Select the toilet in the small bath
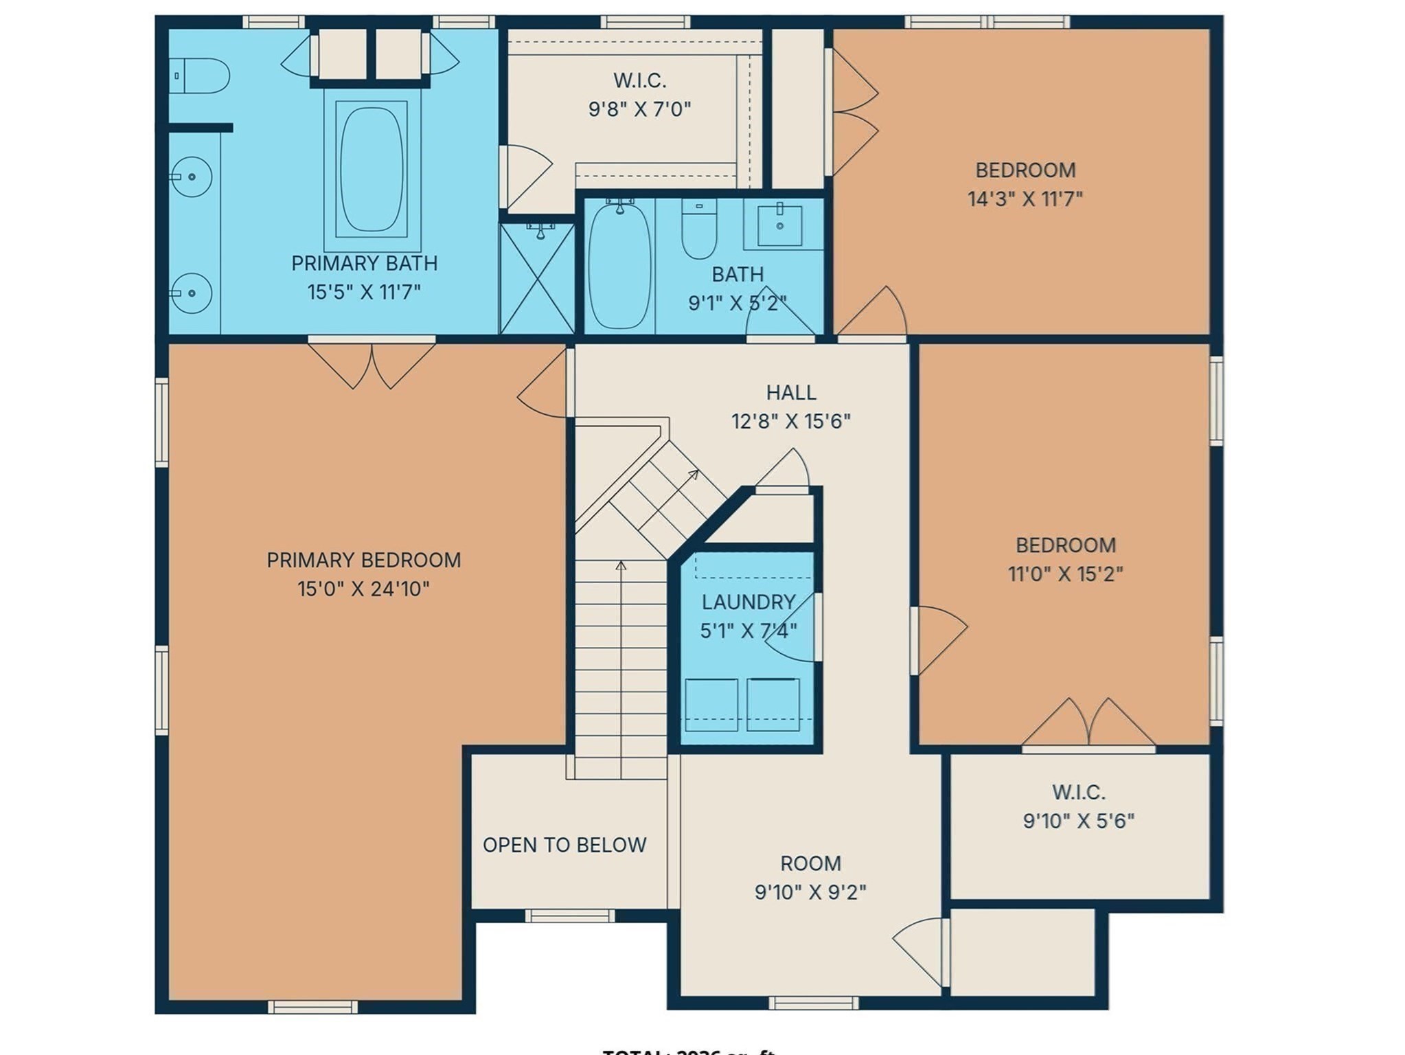pyautogui.click(x=699, y=229)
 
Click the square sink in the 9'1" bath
pyautogui.click(x=779, y=225)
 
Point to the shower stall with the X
pyautogui.click(x=537, y=279)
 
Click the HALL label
pyautogui.click(x=791, y=393)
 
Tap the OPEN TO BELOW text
pyautogui.click(x=564, y=845)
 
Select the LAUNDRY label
pyautogui.click(x=748, y=602)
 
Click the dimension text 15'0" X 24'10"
pyautogui.click(x=363, y=589)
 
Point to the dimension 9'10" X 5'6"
pyautogui.click(x=1078, y=821)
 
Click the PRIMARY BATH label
pyautogui.click(x=364, y=264)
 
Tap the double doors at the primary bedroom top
pyautogui.click(x=372, y=364)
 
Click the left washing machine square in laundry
pyautogui.click(x=711, y=704)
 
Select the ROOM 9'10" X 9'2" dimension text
pyautogui.click(x=810, y=892)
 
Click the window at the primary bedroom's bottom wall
pyautogui.click(x=312, y=1007)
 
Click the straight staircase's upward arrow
pyautogui.click(x=621, y=566)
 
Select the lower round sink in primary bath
pyautogui.click(x=192, y=293)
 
